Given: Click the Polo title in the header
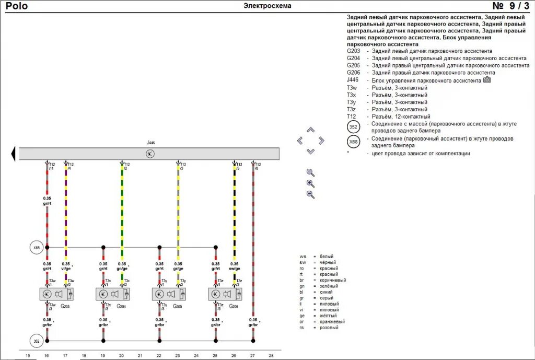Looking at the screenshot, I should (x=17, y=6).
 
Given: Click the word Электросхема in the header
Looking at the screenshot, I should (x=267, y=6).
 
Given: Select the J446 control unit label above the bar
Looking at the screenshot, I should (x=150, y=143).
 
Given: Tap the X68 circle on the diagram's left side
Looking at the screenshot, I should (x=37, y=248).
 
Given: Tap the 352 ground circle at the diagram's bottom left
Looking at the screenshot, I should (x=37, y=341).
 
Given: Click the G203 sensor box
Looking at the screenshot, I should (x=57, y=294).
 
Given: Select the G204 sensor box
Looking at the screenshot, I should (x=113, y=294).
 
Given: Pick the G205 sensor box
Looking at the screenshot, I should (x=169, y=294).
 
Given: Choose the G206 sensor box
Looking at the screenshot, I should (x=225, y=294).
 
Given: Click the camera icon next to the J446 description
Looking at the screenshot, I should (x=487, y=80).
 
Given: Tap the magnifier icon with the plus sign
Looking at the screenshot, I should (x=310, y=183).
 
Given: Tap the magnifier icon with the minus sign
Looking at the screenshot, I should (x=310, y=195).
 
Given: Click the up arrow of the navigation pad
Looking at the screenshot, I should (x=310, y=130).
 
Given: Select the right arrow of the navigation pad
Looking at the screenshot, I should (x=321, y=140).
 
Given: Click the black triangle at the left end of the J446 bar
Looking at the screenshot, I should (x=12, y=154).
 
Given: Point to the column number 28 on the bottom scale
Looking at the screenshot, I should (x=271, y=355).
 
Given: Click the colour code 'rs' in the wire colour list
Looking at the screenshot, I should (x=303, y=328).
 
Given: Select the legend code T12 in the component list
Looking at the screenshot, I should (x=352, y=117).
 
